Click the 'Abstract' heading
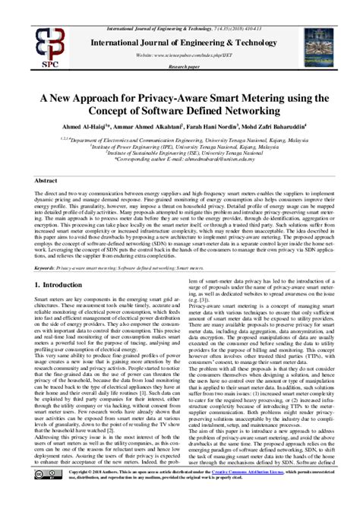click(x=46, y=182)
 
